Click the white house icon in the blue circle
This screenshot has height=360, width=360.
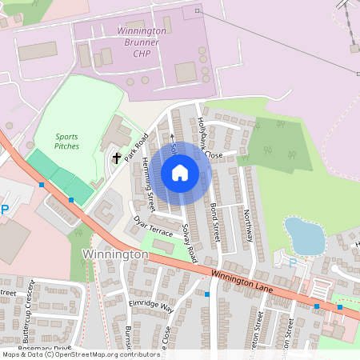tap(180, 172)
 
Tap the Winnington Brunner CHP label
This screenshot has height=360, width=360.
tap(142, 42)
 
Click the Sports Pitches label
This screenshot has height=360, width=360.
tap(67, 142)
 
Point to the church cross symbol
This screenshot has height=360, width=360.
tap(118, 158)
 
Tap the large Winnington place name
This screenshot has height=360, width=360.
tap(115, 254)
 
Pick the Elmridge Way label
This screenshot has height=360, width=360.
tap(150, 306)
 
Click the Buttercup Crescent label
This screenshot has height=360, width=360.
tap(29, 304)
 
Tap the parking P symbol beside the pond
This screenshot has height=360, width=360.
tap(292, 262)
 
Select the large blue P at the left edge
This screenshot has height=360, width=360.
tap(4, 210)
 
